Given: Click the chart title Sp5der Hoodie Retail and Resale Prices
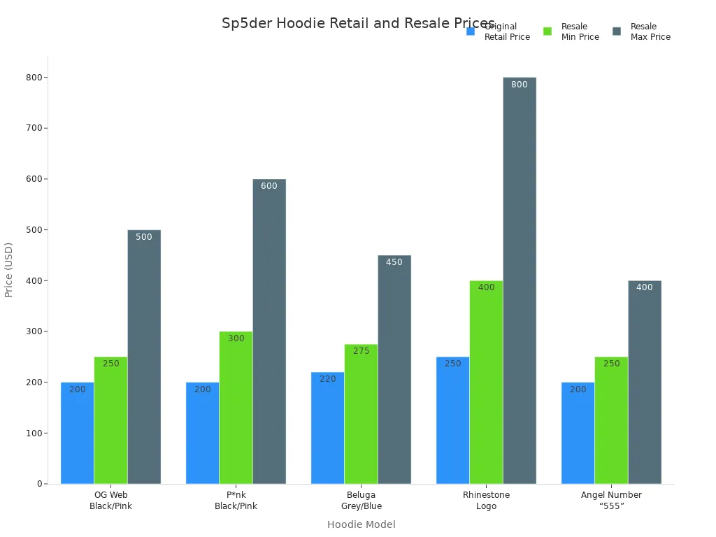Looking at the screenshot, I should pyautogui.click(x=358, y=24).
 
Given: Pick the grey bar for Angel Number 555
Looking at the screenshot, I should pyautogui.click(x=644, y=385).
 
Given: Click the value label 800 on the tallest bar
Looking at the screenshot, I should pyautogui.click(x=520, y=85).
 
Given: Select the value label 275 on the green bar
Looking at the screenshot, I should pyautogui.click(x=361, y=351).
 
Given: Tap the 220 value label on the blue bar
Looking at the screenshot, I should pyautogui.click(x=327, y=380).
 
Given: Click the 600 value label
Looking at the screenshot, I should pyautogui.click(x=269, y=187).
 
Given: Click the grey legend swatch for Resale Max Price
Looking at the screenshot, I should pyautogui.click(x=617, y=31).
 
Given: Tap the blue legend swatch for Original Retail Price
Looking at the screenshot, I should pyautogui.click(x=471, y=31).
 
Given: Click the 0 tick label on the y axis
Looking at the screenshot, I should pyautogui.click(x=40, y=484).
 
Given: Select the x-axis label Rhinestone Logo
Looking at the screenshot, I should pyautogui.click(x=486, y=501).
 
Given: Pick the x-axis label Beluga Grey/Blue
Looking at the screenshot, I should pyautogui.click(x=361, y=501).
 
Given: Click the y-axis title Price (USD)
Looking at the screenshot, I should pyautogui.click(x=9, y=270).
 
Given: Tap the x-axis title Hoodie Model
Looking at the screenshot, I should pyautogui.click(x=361, y=524).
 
